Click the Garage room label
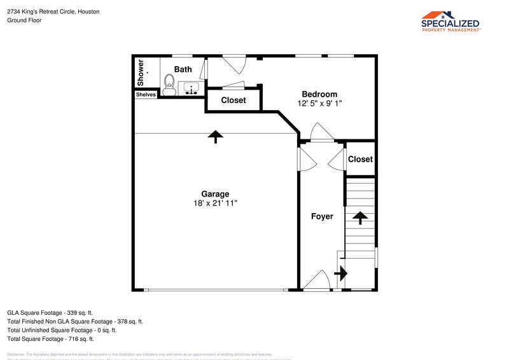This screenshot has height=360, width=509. point(215,194)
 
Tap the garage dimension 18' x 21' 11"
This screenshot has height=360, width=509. point(215,203)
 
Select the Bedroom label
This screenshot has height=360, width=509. point(319,94)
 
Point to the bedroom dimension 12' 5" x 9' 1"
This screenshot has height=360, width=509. point(319,103)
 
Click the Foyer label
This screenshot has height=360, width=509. point(322,216)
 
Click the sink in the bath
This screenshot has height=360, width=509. point(190,88)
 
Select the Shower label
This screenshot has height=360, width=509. point(141,73)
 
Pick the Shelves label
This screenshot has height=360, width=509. point(146,95)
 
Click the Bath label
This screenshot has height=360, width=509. point(183,69)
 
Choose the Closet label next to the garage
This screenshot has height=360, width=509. point(234,100)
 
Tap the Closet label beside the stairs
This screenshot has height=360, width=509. point(360,159)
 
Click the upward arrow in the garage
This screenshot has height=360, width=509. point(216,136)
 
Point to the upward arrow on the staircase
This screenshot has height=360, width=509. point(360,218)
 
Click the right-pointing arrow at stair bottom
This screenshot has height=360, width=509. point(342,273)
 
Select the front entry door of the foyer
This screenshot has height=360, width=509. point(316,282)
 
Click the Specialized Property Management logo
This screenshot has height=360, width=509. point(451,21)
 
